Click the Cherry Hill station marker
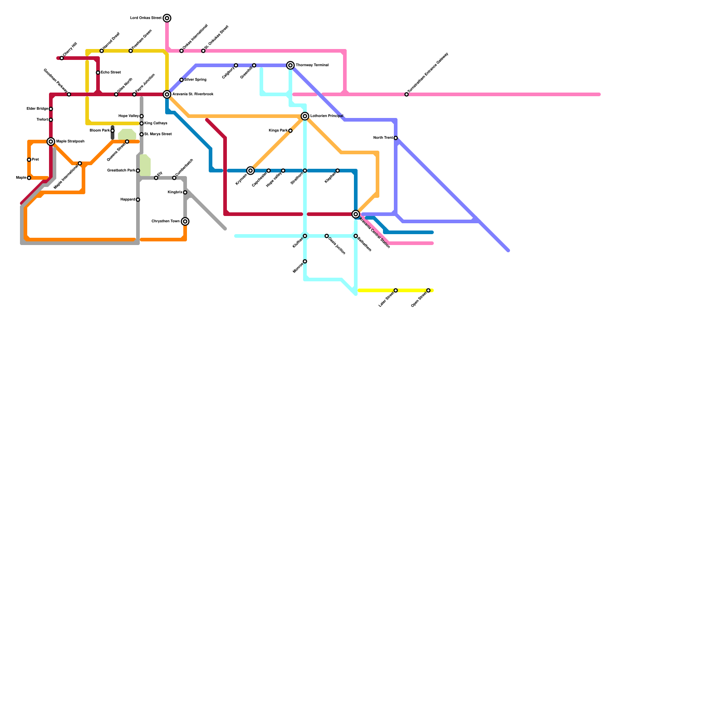(x=62, y=58)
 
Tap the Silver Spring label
(x=195, y=80)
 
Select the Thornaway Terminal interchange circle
(x=290, y=65)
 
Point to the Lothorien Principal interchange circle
(x=305, y=116)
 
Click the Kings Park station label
(x=278, y=131)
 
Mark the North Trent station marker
(x=396, y=138)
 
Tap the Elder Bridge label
(x=37, y=109)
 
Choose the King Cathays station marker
(x=142, y=123)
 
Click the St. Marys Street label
(x=158, y=134)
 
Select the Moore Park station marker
(x=113, y=131)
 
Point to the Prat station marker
(x=29, y=160)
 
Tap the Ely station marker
(x=156, y=178)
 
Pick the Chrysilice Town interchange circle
(x=185, y=221)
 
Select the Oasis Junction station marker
(x=327, y=236)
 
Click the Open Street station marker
(x=428, y=290)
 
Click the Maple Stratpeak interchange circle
(x=51, y=142)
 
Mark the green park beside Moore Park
(x=127, y=134)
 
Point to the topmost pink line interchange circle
(x=167, y=18)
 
